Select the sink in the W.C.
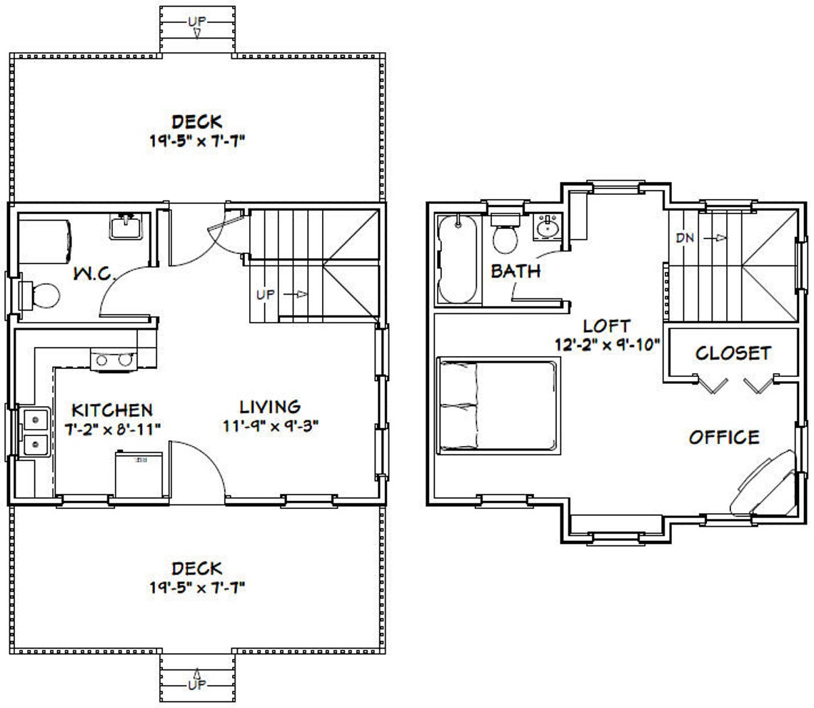127,227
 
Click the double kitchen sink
34,431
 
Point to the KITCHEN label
112,410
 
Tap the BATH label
515,271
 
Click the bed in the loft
498,405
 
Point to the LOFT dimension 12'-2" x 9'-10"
606,343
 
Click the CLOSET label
733,353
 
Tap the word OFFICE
724,437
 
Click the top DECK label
196,121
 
